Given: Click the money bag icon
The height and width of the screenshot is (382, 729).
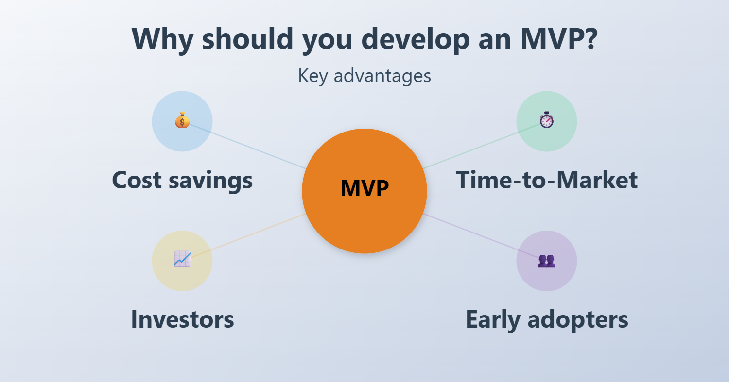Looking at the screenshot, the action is coord(182,120).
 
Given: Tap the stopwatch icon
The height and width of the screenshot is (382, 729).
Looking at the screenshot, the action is coord(547,120).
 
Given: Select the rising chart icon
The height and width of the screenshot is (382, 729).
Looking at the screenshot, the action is coord(182,259).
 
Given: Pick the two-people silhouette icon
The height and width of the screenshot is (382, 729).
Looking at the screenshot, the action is coord(546,261).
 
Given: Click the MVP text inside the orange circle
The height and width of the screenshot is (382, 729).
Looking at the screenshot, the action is coord(364,188).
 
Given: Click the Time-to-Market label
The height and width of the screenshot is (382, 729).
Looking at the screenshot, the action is coord(547,180).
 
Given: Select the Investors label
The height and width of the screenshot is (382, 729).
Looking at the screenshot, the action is coord(182,319).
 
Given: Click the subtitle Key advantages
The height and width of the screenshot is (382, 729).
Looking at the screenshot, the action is coord(364,76).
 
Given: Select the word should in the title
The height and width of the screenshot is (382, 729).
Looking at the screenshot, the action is coord(248,38).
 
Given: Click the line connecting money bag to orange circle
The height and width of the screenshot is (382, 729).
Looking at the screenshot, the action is coord(247,147).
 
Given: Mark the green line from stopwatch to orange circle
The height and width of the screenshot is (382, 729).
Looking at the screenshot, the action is coord(482,146).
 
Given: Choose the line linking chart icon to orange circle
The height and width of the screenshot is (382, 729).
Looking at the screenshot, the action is coord(247,236).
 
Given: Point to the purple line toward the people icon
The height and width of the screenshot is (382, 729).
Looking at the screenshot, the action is coord(482,236).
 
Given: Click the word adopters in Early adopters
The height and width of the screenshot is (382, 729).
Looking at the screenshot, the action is coord(578,321).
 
